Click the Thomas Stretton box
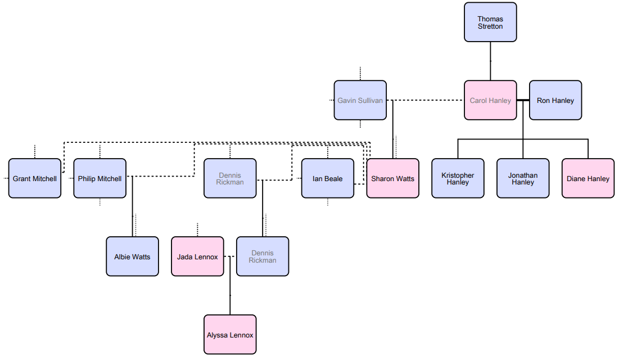click(x=490, y=22)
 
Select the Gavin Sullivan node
click(x=360, y=100)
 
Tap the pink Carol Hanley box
click(x=490, y=100)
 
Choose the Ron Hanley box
click(x=555, y=100)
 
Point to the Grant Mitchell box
click(x=35, y=178)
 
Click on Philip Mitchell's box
click(x=100, y=178)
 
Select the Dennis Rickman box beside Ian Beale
click(x=230, y=178)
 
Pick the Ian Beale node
click(x=328, y=178)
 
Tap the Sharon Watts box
click(x=392, y=178)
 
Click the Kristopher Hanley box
click(x=458, y=178)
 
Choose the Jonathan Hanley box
click(x=523, y=178)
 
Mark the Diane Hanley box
click(x=588, y=178)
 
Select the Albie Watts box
click(x=132, y=256)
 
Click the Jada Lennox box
click(x=197, y=256)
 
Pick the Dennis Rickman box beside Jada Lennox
click(x=263, y=256)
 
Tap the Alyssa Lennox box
click(x=230, y=335)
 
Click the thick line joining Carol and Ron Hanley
click(x=523, y=100)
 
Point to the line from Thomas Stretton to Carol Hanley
click(x=490, y=61)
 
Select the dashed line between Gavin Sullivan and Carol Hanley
click(x=427, y=100)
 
